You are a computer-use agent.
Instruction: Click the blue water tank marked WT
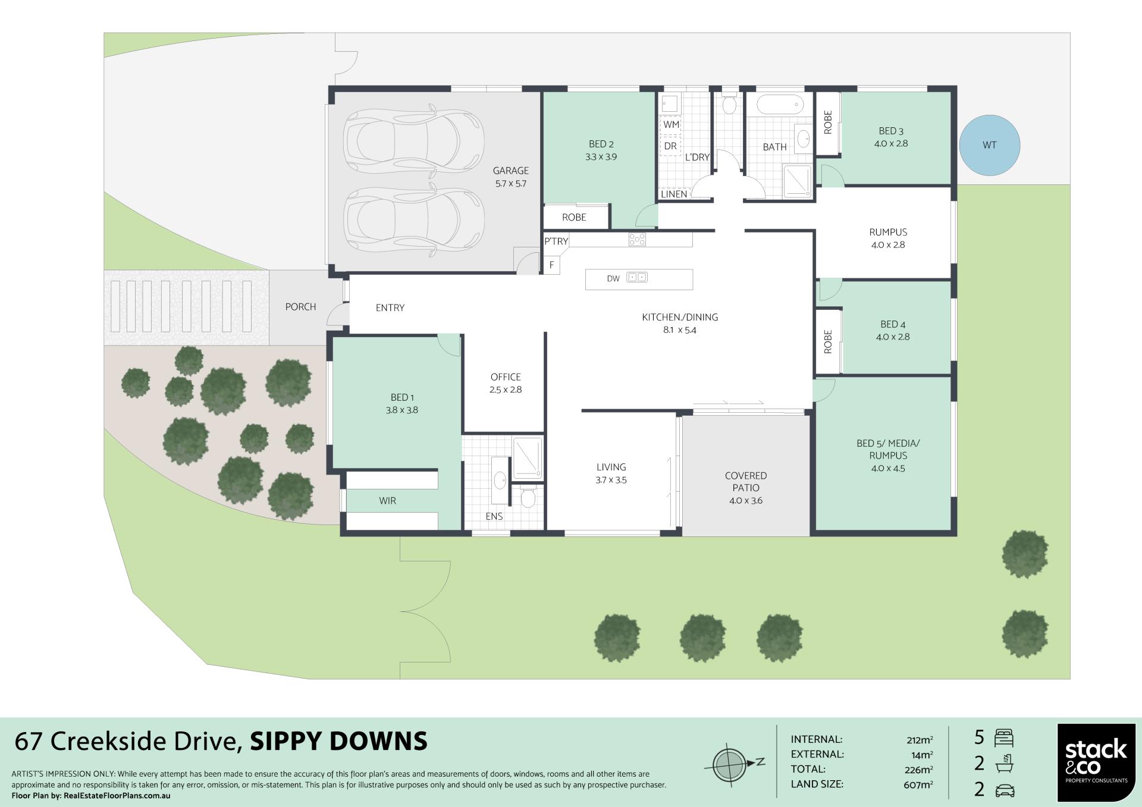tap(990, 145)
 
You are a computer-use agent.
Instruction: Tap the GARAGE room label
tap(510, 171)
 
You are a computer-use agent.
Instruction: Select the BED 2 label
tap(601, 144)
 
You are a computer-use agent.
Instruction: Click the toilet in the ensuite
tap(528, 496)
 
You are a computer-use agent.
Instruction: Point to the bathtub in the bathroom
tap(780, 106)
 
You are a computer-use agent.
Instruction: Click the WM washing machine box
tap(671, 124)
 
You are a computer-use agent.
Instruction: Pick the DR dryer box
tap(670, 146)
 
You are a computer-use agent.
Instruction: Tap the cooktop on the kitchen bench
tap(637, 240)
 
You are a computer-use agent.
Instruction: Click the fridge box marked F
tap(552, 265)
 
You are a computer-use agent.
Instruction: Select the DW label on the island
tap(613, 278)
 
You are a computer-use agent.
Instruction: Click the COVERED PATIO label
tap(746, 482)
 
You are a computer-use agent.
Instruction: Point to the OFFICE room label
tap(506, 377)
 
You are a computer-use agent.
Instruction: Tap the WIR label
tap(387, 501)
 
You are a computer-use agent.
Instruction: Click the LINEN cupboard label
tap(674, 194)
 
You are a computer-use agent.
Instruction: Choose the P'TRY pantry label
tap(556, 241)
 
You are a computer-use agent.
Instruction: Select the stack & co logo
tap(1096, 762)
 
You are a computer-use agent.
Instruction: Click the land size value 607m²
tap(918, 785)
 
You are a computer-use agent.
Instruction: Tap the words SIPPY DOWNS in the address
tap(338, 742)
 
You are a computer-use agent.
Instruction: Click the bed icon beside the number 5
tap(1004, 738)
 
